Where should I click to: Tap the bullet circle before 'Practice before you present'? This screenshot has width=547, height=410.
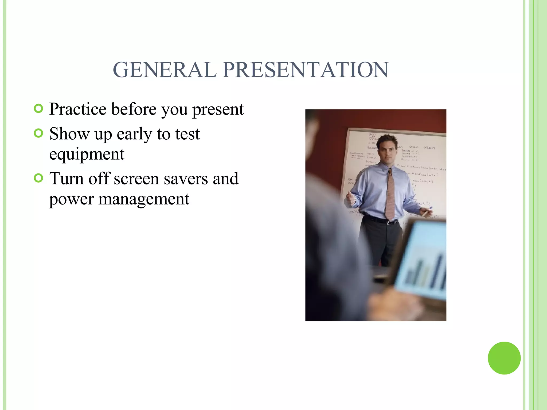(x=39, y=108)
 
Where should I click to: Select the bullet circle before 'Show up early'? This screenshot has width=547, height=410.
(x=39, y=133)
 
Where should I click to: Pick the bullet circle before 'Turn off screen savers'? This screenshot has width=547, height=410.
(x=39, y=178)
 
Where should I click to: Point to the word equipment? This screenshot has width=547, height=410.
(x=87, y=154)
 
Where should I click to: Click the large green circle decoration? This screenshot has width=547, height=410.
(x=504, y=358)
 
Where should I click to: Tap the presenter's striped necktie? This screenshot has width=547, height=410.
(x=390, y=195)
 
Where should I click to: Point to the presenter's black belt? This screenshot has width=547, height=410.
(x=379, y=220)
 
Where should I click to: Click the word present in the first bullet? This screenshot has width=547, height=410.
(x=218, y=109)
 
